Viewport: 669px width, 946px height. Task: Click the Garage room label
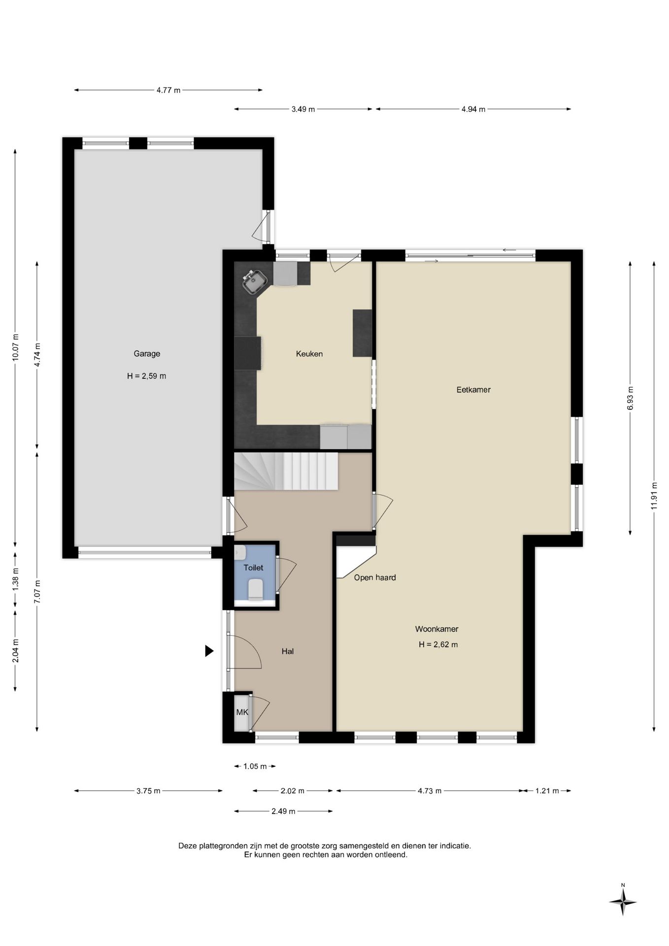point(147,354)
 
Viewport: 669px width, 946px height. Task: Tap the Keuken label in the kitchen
point(309,354)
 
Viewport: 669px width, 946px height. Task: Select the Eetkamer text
point(473,390)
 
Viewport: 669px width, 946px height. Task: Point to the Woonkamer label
point(436,629)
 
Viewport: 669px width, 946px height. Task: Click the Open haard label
point(375,577)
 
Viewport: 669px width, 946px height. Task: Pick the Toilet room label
point(253,568)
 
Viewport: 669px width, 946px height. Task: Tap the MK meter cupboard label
point(242,712)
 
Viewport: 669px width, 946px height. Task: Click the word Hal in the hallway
point(288,651)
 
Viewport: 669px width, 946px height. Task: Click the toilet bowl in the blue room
point(256,589)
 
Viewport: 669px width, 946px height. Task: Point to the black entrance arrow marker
point(209,651)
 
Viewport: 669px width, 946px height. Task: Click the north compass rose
point(623,902)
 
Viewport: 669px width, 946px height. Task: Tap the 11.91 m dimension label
point(654,497)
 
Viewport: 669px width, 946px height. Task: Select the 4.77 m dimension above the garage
point(168,90)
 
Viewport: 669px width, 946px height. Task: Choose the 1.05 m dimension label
point(255,766)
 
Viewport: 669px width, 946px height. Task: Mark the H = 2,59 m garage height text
point(147,376)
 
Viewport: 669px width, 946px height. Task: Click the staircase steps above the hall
point(286,472)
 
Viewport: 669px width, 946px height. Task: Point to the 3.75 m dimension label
point(148,791)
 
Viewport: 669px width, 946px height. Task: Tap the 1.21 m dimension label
point(547,791)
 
